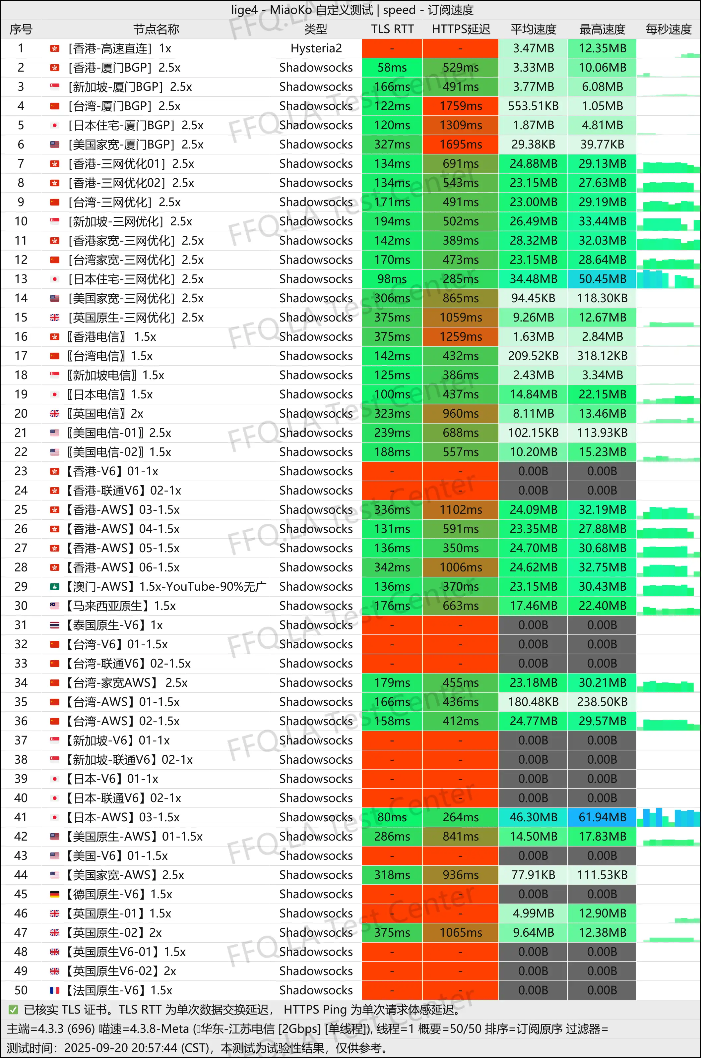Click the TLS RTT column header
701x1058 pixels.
pyautogui.click(x=392, y=29)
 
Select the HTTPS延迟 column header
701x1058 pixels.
pyautogui.click(x=461, y=29)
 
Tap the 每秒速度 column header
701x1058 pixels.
pyautogui.click(x=669, y=29)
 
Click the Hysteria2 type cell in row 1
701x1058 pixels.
pyautogui.click(x=316, y=48)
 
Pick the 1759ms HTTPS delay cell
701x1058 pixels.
pyautogui.click(x=461, y=106)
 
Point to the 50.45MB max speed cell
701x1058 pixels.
pyautogui.click(x=602, y=279)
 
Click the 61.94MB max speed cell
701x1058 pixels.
pyautogui.click(x=602, y=817)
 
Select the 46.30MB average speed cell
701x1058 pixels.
pyautogui.click(x=533, y=817)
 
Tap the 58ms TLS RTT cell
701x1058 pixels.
pyautogui.click(x=392, y=68)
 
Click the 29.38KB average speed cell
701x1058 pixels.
pyautogui.click(x=533, y=144)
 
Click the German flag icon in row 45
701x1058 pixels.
pyautogui.click(x=54, y=894)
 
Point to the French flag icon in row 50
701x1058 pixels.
pyautogui.click(x=54, y=990)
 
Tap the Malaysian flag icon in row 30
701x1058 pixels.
pyautogui.click(x=54, y=606)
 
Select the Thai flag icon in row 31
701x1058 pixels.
pyautogui.click(x=54, y=625)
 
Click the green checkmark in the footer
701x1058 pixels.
pyautogui.click(x=13, y=1010)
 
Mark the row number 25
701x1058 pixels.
pyautogui.click(x=21, y=509)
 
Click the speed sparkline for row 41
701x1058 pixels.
pyautogui.click(x=669, y=817)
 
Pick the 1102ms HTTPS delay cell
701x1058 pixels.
pyautogui.click(x=461, y=509)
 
